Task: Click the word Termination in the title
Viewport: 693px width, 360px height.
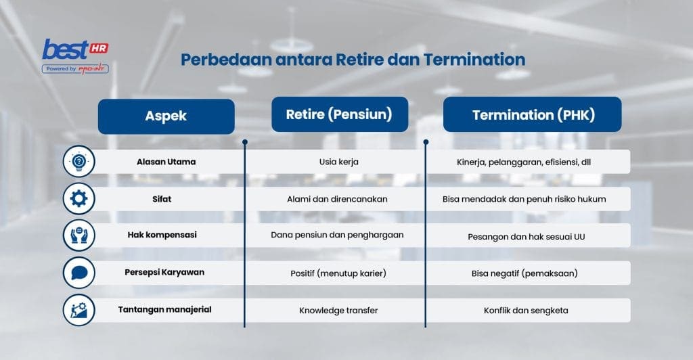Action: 474,59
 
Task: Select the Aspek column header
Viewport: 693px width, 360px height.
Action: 166,116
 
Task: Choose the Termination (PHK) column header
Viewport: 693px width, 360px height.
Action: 533,115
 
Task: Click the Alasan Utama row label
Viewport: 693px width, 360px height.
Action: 165,162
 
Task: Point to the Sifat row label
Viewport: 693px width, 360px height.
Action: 165,199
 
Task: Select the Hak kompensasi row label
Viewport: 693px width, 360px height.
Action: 165,235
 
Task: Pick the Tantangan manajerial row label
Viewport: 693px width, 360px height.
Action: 165,310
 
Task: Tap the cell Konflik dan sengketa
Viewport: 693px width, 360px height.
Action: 526,311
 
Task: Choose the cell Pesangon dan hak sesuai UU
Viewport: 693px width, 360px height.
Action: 526,237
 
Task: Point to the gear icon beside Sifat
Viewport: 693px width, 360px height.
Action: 79,199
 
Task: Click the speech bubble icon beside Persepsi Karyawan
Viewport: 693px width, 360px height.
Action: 79,273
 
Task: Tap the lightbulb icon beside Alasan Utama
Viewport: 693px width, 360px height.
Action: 79,162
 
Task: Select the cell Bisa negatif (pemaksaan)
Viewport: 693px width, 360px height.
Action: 526,273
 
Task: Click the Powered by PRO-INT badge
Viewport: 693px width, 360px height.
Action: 75,68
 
